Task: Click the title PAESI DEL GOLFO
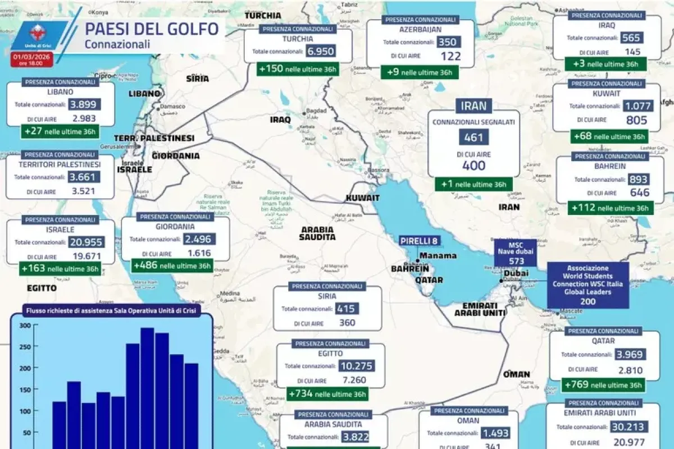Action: pyautogui.click(x=152, y=29)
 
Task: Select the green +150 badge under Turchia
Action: pyautogui.click(x=298, y=70)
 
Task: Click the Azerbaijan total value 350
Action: pyautogui.click(x=447, y=42)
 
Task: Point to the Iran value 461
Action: pyautogui.click(x=473, y=137)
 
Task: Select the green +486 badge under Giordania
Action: pyautogui.click(x=172, y=265)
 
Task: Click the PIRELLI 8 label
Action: pyautogui.click(x=419, y=241)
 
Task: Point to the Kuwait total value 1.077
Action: pyautogui.click(x=637, y=106)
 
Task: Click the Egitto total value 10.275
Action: pyautogui.click(x=358, y=366)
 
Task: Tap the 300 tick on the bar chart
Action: pyautogui.click(x=25, y=326)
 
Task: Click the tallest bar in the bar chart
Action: pyautogui.click(x=147, y=387)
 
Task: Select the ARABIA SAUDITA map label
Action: pyautogui.click(x=318, y=233)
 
